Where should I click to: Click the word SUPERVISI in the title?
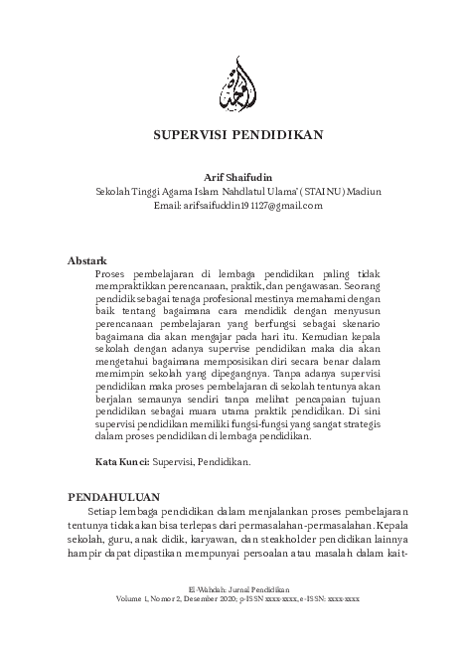tap(187, 133)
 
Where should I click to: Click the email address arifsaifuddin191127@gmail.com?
tap(252, 206)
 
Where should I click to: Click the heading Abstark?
tap(86, 259)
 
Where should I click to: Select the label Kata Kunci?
tap(120, 462)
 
